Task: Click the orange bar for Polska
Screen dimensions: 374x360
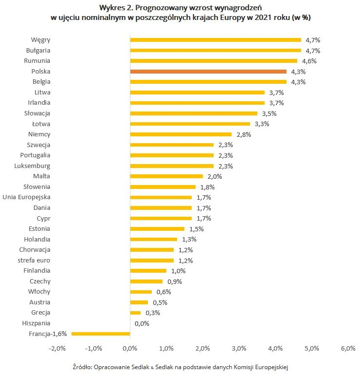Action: point(208,72)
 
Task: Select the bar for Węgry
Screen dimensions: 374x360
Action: point(216,40)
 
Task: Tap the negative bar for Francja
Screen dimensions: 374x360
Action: point(101,334)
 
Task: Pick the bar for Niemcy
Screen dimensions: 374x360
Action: point(181,134)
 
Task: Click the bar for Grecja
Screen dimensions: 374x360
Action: point(135,313)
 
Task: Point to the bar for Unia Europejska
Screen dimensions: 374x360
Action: point(161,197)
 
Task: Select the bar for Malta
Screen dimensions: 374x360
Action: point(166,176)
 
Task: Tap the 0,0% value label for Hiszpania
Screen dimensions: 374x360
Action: point(142,323)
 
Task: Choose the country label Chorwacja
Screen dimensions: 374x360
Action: point(35,249)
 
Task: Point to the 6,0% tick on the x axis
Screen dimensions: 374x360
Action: point(348,348)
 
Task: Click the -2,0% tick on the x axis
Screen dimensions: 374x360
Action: point(57,348)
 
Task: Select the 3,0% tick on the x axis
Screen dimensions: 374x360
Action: point(239,348)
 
